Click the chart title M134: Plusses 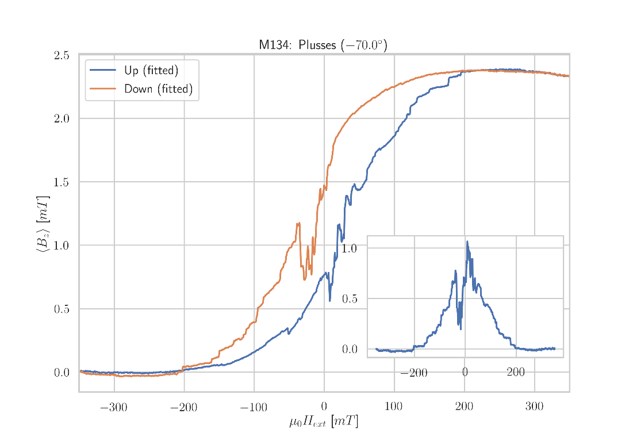pos(323,45)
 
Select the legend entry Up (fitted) pos(151,71)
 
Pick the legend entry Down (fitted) pos(158,89)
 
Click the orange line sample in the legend pos(102,89)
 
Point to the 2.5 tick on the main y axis pos(62,55)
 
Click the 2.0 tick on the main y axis pos(62,118)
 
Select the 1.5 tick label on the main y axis pos(62,182)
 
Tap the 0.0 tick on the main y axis pos(62,373)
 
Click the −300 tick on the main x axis pos(113,408)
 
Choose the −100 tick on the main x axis pos(254,408)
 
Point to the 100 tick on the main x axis pos(393,408)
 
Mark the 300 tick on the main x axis pos(534,408)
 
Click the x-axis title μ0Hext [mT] pos(323,422)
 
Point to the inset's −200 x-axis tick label pos(413,373)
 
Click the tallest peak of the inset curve pos(467,242)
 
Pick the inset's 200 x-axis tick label pos(516,373)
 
